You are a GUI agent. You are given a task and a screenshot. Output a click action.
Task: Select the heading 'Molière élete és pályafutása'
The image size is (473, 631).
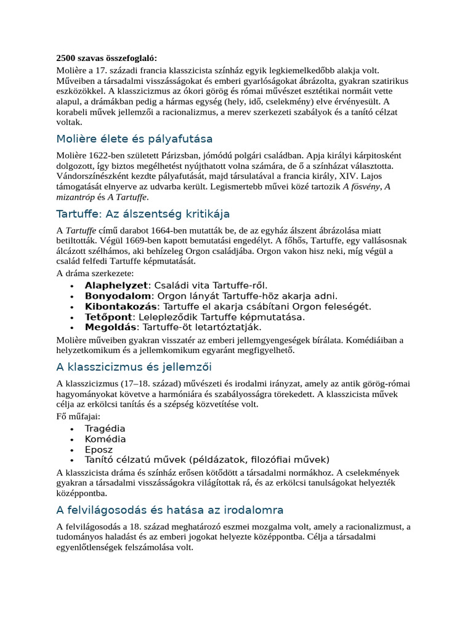tap(134, 139)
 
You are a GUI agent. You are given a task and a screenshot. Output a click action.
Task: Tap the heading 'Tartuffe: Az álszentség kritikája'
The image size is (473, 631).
tap(143, 214)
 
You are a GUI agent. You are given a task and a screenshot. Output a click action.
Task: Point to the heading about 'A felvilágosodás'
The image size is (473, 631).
tap(170, 510)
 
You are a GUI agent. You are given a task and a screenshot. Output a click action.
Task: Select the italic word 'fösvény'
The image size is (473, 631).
tap(363, 186)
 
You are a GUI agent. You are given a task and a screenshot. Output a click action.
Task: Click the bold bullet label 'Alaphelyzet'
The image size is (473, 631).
tap(116, 285)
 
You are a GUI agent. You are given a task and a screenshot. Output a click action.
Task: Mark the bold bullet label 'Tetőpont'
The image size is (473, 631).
tap(107, 317)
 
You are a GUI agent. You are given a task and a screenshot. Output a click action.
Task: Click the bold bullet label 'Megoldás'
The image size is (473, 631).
tap(110, 327)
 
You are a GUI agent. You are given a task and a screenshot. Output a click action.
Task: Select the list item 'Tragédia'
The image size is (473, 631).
tap(105, 428)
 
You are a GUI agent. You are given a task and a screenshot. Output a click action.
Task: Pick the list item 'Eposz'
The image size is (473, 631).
tap(99, 449)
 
